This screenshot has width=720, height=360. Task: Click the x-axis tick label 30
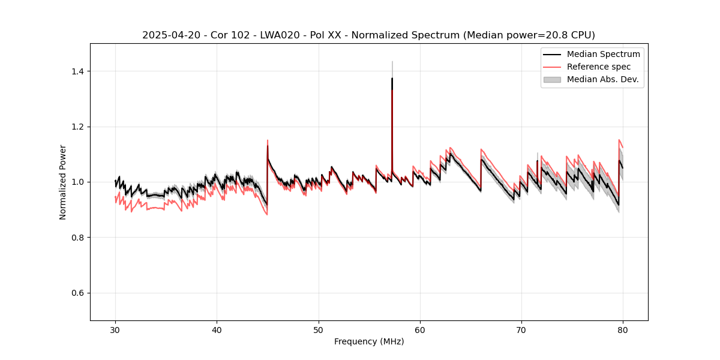point(115,329)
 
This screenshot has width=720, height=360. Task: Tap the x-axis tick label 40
point(217,329)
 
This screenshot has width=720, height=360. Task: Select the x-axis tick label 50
point(319,329)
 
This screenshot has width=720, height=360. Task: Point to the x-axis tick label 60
point(420,329)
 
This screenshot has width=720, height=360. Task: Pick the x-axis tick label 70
point(521,329)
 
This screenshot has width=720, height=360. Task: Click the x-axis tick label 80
point(623,329)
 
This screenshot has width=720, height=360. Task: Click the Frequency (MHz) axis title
point(369,341)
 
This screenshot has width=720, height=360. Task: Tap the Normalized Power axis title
point(63,182)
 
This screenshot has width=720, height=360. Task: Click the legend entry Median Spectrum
point(603,54)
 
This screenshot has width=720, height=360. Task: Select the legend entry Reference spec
point(598,67)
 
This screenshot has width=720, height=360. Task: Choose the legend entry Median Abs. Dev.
point(602,79)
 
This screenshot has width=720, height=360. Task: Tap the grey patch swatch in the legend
point(552,79)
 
